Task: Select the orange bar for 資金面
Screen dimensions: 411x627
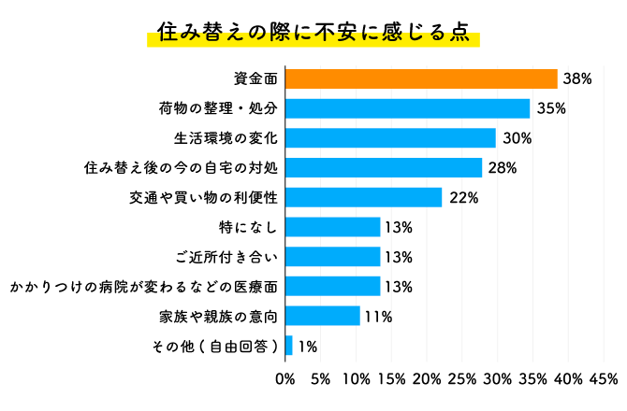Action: [x=421, y=79]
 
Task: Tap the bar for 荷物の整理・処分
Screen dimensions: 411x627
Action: [x=407, y=108]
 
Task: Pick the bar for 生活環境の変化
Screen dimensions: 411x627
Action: [x=390, y=138]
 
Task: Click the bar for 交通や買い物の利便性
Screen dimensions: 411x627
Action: [x=363, y=197]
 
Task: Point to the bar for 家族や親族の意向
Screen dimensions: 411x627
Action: [x=323, y=316]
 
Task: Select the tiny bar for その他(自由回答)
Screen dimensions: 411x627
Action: [x=289, y=346]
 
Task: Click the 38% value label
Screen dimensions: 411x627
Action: [x=576, y=79]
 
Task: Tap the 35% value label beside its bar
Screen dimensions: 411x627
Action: [x=550, y=108]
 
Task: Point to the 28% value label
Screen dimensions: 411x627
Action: [x=502, y=168]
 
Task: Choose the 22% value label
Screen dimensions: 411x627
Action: [x=463, y=197]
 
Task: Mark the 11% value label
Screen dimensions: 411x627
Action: [x=378, y=316]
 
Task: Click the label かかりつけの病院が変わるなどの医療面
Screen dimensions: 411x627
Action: [x=144, y=286]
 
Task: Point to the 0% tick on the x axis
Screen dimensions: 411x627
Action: [x=284, y=379]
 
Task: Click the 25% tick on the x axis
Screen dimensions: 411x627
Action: [x=461, y=379]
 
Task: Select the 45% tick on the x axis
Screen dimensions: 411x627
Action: [x=603, y=379]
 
